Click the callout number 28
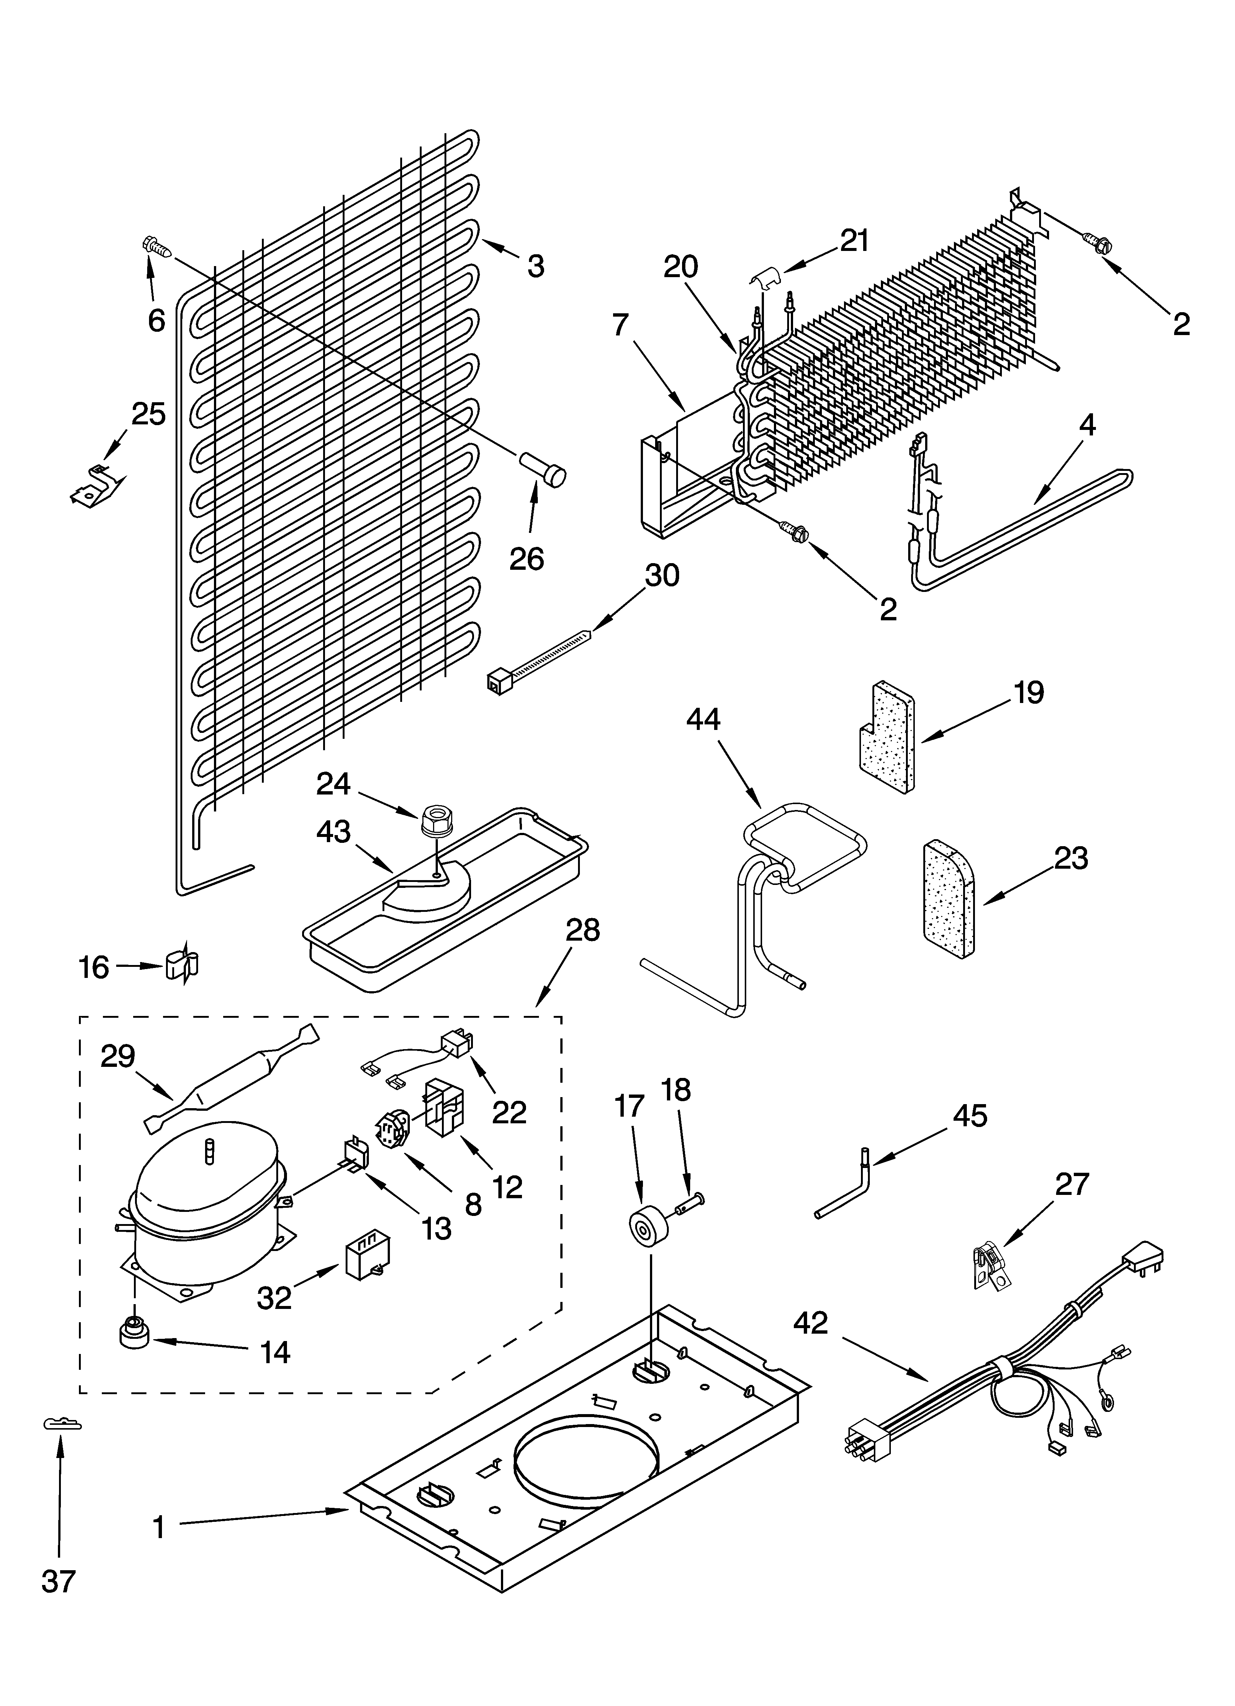tap(583, 930)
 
